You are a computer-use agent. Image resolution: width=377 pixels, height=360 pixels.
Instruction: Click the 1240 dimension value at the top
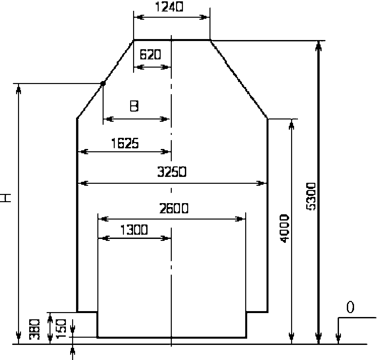tap(169, 7)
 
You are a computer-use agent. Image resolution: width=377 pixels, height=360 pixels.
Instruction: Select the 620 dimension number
tap(150, 54)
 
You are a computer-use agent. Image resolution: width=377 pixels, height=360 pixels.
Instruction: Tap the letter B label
tap(134, 106)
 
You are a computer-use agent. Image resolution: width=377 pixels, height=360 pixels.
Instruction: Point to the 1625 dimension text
tap(125, 143)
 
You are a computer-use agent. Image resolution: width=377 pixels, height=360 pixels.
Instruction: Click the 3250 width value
tap(172, 172)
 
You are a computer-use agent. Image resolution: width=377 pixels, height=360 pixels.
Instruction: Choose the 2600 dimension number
tap(174, 208)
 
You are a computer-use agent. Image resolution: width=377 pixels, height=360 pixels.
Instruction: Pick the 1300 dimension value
tap(134, 230)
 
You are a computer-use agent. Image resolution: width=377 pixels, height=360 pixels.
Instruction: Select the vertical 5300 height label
tap(311, 197)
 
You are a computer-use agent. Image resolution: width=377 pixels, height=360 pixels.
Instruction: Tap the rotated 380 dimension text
tap(34, 329)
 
